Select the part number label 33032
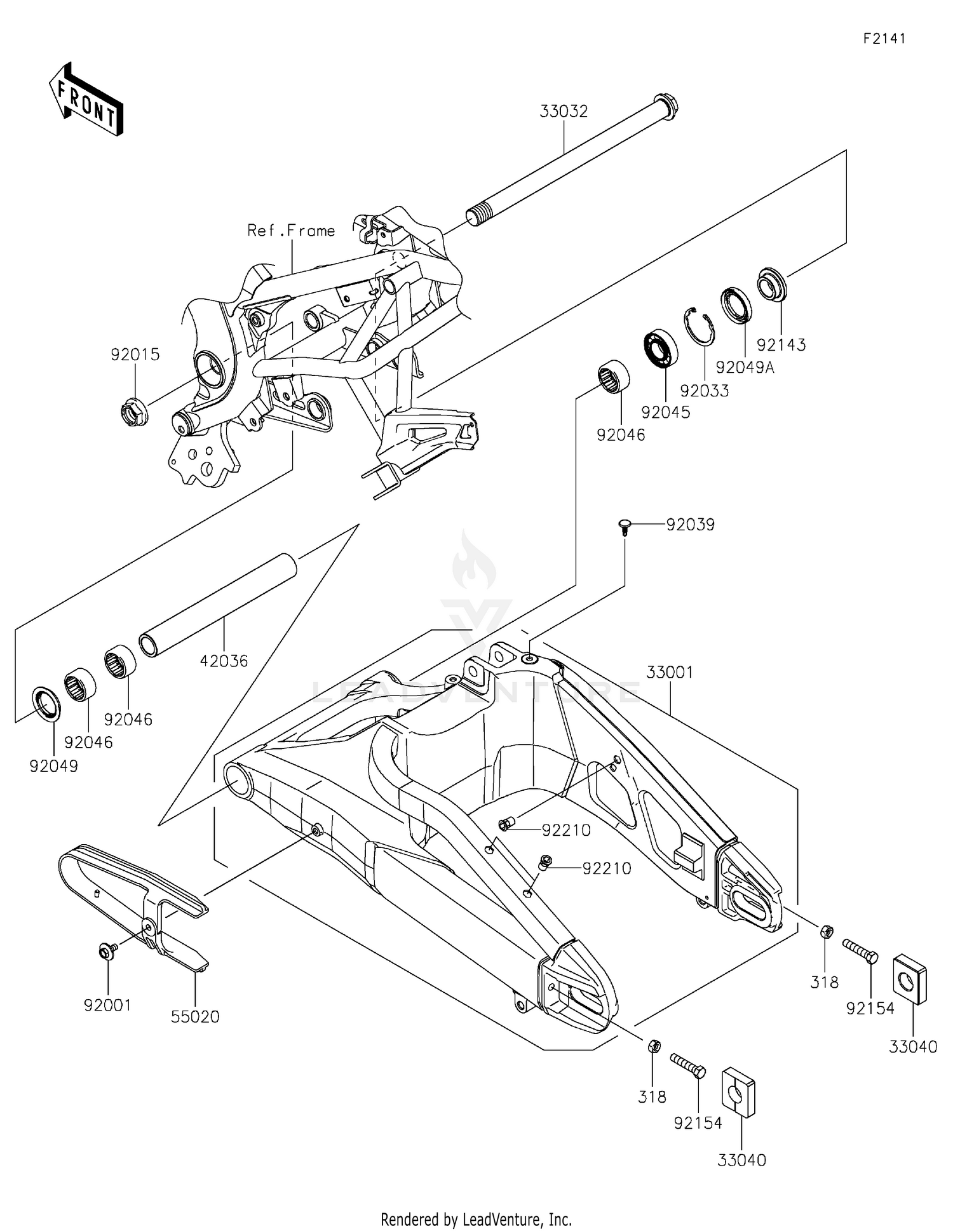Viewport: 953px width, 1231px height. pyautogui.click(x=564, y=111)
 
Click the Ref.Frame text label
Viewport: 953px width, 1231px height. pyautogui.click(x=291, y=231)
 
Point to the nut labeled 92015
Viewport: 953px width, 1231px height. pyautogui.click(x=134, y=412)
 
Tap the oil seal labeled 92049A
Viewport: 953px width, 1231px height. pyautogui.click(x=736, y=305)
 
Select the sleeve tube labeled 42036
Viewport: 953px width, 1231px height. pyautogui.click(x=218, y=607)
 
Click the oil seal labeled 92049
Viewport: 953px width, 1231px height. pyautogui.click(x=46, y=703)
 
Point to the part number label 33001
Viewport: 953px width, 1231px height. pyautogui.click(x=670, y=672)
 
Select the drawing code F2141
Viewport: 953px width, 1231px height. pyautogui.click(x=884, y=38)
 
